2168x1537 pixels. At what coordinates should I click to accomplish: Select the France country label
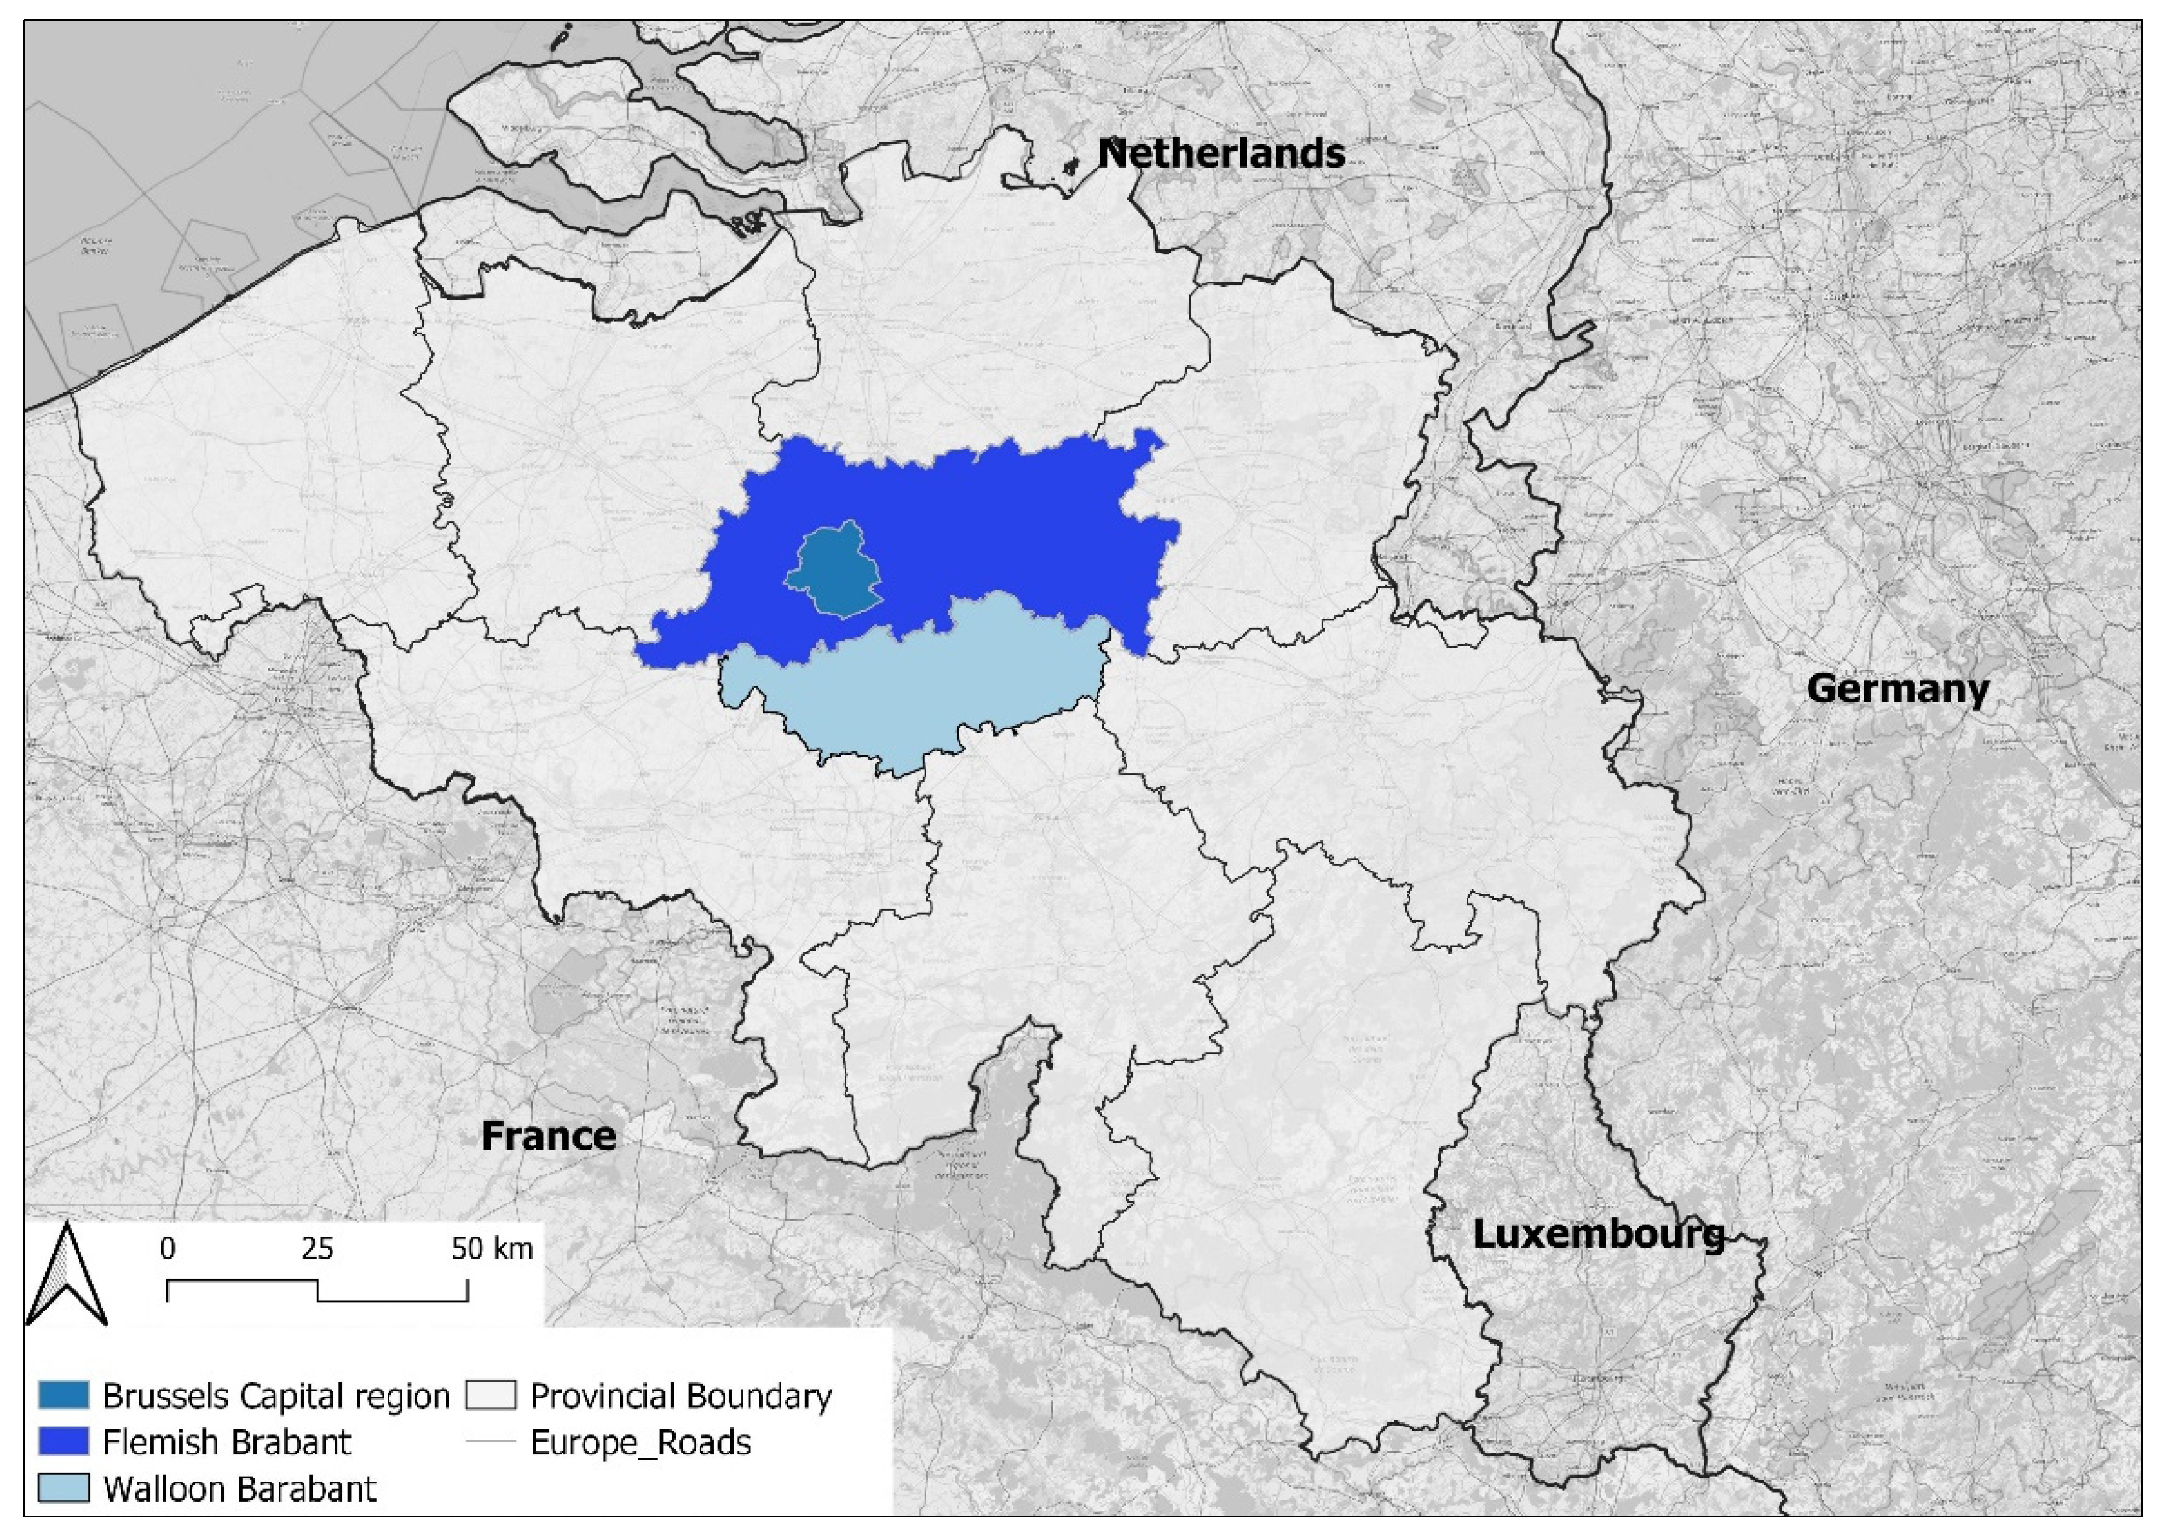(x=548, y=1136)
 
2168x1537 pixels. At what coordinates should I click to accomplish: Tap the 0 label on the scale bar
(x=168, y=1248)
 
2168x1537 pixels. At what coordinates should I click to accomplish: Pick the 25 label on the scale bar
(x=317, y=1248)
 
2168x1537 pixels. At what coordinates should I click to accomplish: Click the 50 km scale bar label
(x=492, y=1248)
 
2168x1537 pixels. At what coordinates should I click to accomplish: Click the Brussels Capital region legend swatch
(x=64, y=1395)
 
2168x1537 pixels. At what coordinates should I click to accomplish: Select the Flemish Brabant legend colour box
(x=64, y=1441)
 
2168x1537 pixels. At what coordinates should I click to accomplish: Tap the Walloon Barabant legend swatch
(x=64, y=1488)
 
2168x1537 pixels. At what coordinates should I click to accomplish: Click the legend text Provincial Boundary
(x=681, y=1396)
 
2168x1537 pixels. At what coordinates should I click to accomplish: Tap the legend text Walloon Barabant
(x=239, y=1488)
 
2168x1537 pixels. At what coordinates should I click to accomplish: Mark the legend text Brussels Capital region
(x=275, y=1396)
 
